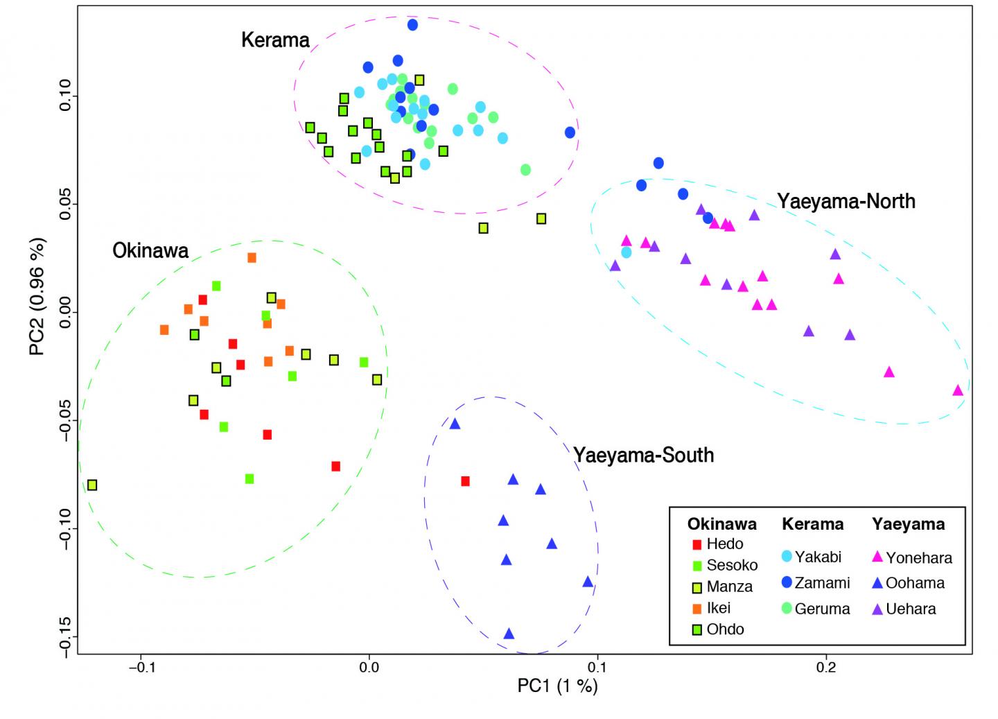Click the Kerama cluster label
(x=275, y=40)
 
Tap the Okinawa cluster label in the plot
(x=150, y=250)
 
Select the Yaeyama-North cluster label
(x=846, y=201)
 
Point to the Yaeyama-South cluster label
(x=643, y=455)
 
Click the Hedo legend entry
(x=717, y=544)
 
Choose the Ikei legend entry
(x=711, y=608)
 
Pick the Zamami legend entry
(x=815, y=582)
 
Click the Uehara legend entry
(x=904, y=609)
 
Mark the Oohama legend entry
(x=908, y=582)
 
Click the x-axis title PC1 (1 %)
(x=557, y=686)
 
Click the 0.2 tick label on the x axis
(x=826, y=668)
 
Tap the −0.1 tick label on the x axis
(x=141, y=668)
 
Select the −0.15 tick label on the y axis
(x=64, y=636)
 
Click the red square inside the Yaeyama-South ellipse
(x=466, y=481)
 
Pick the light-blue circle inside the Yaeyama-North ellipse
(x=627, y=252)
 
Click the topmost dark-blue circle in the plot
(x=412, y=25)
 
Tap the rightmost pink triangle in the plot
(x=958, y=391)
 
